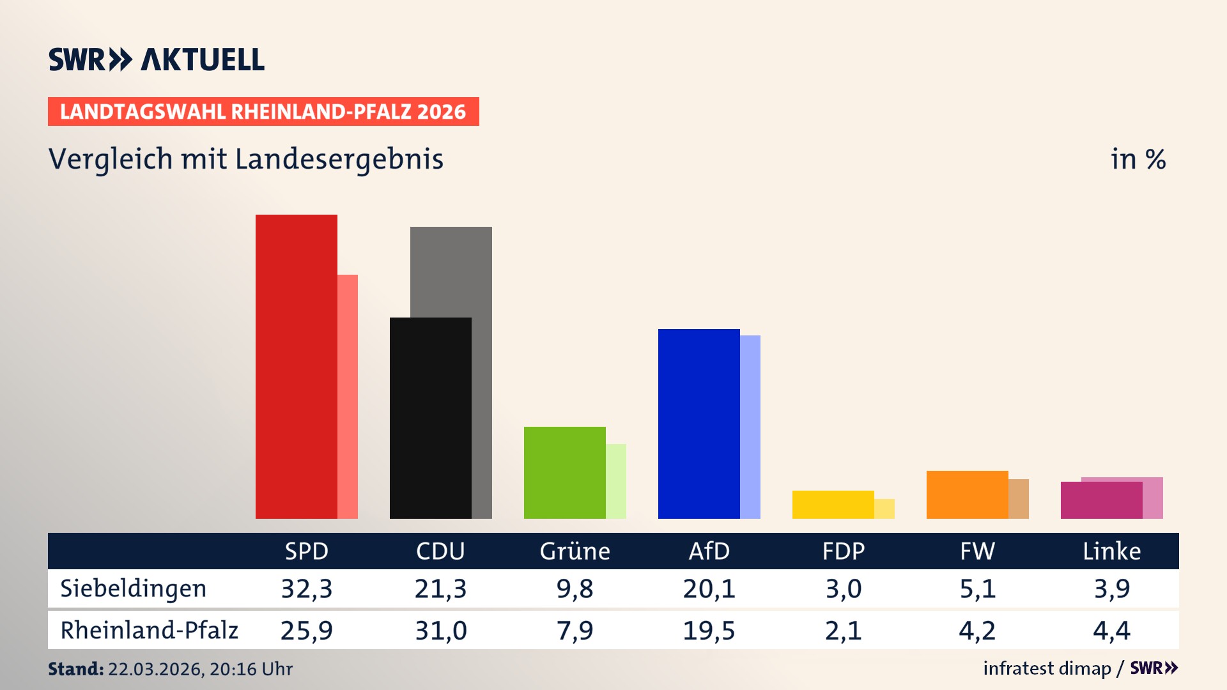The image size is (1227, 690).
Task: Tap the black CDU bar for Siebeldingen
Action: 430,418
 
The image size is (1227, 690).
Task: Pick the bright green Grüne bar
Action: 564,472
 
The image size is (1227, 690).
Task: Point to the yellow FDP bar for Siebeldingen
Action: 833,504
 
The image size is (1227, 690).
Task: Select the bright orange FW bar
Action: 967,494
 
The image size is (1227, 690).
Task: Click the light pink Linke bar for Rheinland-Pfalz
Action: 1153,498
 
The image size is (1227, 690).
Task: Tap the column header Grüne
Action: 575,551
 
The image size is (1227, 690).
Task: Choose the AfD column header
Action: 709,551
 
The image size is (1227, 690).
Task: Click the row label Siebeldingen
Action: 133,588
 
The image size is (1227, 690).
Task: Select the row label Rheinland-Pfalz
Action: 149,630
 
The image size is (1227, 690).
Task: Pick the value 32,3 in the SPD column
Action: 307,588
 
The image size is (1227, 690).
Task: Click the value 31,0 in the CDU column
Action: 441,631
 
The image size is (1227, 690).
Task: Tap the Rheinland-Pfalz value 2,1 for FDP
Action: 843,631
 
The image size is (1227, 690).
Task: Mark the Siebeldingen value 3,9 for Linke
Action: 1111,588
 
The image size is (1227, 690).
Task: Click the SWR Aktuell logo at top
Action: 157,59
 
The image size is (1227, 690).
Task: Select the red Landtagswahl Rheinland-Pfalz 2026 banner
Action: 263,112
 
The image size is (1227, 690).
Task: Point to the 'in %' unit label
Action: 1138,159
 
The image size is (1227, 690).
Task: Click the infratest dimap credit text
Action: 1047,668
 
